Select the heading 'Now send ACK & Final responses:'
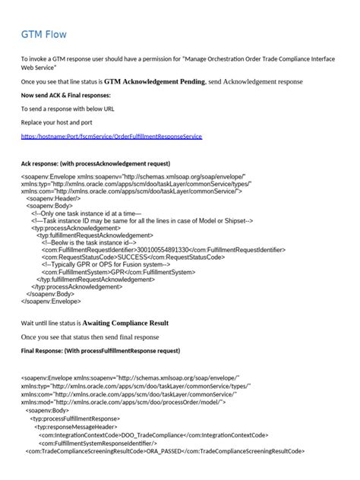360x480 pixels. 65,95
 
